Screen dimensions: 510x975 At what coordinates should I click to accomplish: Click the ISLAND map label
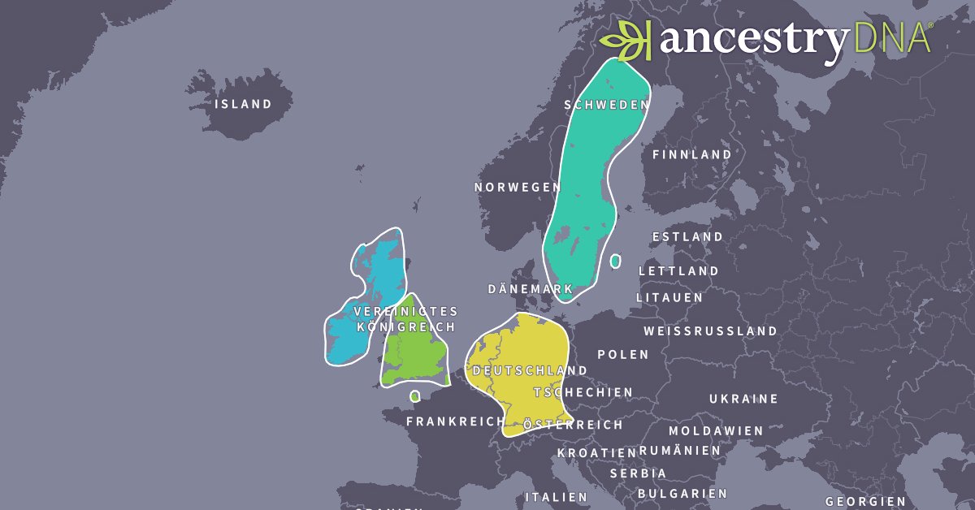click(x=243, y=104)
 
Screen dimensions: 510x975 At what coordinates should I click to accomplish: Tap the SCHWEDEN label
click(x=607, y=105)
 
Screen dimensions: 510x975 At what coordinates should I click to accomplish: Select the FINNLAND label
click(x=691, y=153)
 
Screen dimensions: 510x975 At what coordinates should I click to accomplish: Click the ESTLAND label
click(x=687, y=236)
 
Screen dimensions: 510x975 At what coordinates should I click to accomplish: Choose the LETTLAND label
click(x=678, y=270)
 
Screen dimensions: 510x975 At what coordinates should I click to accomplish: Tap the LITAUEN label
click(x=669, y=297)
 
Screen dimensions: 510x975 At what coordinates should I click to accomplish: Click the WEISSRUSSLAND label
click(x=710, y=331)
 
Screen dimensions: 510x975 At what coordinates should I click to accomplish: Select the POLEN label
click(x=623, y=354)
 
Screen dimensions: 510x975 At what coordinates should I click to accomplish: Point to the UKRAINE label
click(x=743, y=399)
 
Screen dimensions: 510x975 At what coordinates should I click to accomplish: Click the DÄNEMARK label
click(x=531, y=289)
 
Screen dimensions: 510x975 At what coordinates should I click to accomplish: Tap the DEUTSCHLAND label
click(x=530, y=370)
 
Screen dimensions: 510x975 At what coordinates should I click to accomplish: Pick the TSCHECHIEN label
click(x=583, y=392)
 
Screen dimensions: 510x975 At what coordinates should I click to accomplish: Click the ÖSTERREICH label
click(x=573, y=425)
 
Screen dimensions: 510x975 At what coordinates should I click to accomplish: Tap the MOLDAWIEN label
click(x=716, y=430)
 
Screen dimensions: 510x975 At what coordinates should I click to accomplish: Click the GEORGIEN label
click(x=865, y=501)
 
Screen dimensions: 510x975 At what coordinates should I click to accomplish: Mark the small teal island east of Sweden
click(x=616, y=261)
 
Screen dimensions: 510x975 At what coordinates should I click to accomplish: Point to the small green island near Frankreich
click(x=415, y=396)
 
